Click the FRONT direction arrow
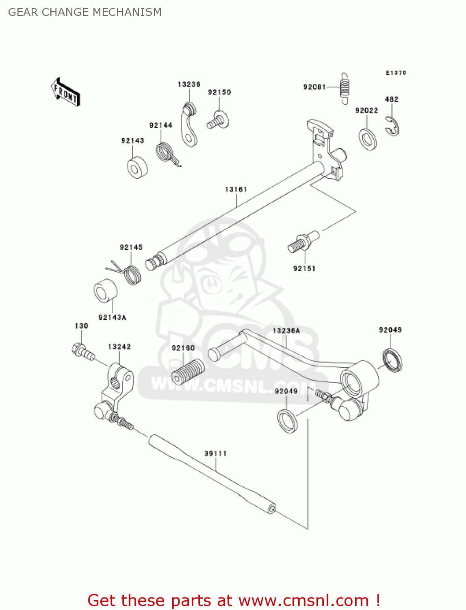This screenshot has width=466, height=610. point(65,92)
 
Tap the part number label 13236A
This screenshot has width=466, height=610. point(286,331)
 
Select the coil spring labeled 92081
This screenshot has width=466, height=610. point(345,88)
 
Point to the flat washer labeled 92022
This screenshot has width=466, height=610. point(368,139)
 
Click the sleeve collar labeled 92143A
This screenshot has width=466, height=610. point(106,291)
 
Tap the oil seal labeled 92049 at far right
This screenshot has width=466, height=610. point(392,360)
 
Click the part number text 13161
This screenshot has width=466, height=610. point(236,190)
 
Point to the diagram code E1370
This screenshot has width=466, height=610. point(396,73)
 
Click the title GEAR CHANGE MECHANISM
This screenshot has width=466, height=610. point(85,12)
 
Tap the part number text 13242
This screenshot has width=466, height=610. point(119,347)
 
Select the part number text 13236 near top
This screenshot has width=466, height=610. point(189,84)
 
